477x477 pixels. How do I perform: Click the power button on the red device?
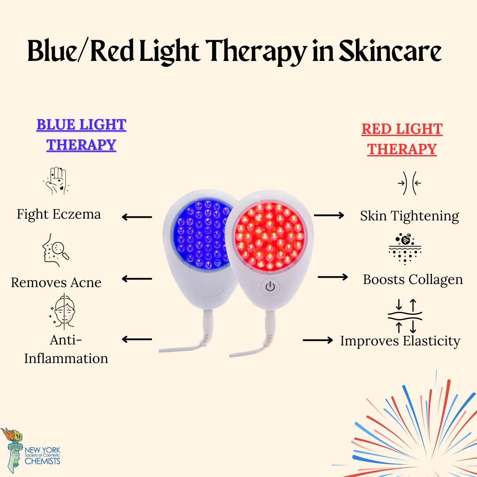click(270, 287)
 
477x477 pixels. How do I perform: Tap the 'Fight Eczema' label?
click(59, 215)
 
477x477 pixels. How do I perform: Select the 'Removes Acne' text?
click(56, 283)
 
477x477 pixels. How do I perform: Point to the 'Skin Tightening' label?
click(409, 216)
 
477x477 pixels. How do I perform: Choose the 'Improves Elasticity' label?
click(400, 341)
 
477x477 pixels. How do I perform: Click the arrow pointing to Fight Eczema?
click(137, 217)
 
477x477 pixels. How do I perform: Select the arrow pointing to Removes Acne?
click(137, 278)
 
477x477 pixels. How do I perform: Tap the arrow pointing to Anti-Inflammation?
click(137, 339)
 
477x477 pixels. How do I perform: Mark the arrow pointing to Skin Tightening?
click(329, 216)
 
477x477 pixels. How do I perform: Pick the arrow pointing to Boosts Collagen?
click(333, 277)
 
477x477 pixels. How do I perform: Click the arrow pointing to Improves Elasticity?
click(318, 340)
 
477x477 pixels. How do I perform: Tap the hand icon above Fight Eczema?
click(56, 181)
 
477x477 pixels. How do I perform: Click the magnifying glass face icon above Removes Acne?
click(56, 250)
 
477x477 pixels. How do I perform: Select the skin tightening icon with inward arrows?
click(409, 183)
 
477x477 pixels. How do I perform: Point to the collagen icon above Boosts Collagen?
click(405, 249)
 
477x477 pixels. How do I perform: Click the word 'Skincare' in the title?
click(390, 51)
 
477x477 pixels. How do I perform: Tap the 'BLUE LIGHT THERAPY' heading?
click(81, 135)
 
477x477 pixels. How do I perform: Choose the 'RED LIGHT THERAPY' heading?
click(402, 139)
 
